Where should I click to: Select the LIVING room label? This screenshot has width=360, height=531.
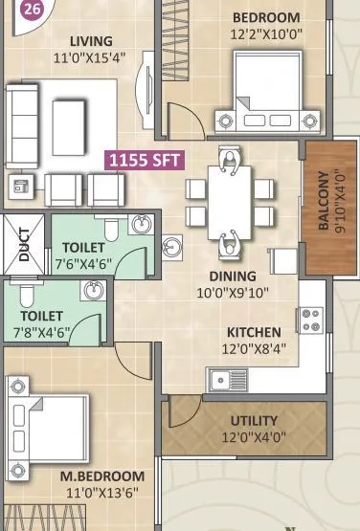pos(92,41)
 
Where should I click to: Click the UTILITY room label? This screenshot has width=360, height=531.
pos(254,420)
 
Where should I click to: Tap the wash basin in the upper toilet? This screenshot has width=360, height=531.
pos(141,226)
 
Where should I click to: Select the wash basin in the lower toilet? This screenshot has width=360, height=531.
pos(93,291)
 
